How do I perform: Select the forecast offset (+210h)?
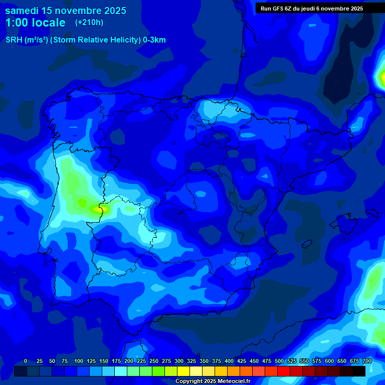(89, 22)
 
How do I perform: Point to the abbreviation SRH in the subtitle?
(14, 40)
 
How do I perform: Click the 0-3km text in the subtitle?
(154, 40)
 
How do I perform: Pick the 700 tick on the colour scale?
(366, 361)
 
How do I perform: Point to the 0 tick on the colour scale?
(26, 361)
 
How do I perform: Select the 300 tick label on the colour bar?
(179, 361)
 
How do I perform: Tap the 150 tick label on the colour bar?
(104, 361)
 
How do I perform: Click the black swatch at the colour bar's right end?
(359, 371)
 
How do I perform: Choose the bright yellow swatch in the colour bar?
(183, 371)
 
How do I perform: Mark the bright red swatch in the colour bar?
(284, 371)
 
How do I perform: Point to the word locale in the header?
(47, 23)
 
